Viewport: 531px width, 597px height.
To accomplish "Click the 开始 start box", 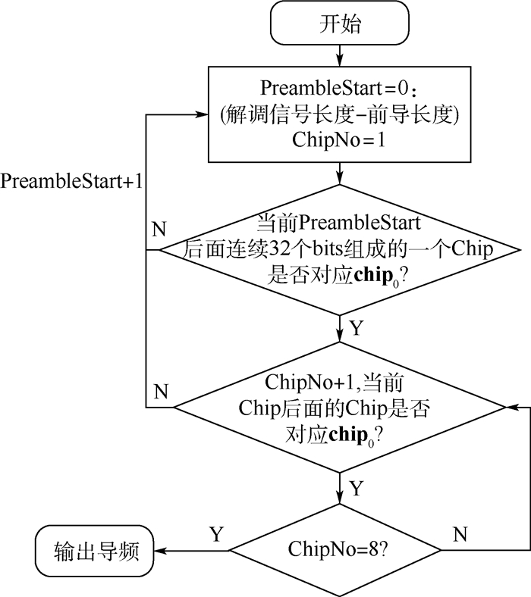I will pos(338,24).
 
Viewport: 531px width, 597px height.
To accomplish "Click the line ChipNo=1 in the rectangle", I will pos(338,141).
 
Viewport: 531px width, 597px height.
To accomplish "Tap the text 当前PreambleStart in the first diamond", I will pos(338,223).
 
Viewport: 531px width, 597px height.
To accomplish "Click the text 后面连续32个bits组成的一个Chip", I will pos(338,249).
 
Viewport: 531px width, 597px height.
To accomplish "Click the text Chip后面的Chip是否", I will pos(338,407).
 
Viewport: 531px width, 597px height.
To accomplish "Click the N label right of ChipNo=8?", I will pos(460,534).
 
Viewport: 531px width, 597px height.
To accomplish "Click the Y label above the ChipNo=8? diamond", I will pos(357,489).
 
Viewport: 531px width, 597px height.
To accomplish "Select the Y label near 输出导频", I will pos(217,534).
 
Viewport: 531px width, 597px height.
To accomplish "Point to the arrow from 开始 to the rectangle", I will pos(338,55).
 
